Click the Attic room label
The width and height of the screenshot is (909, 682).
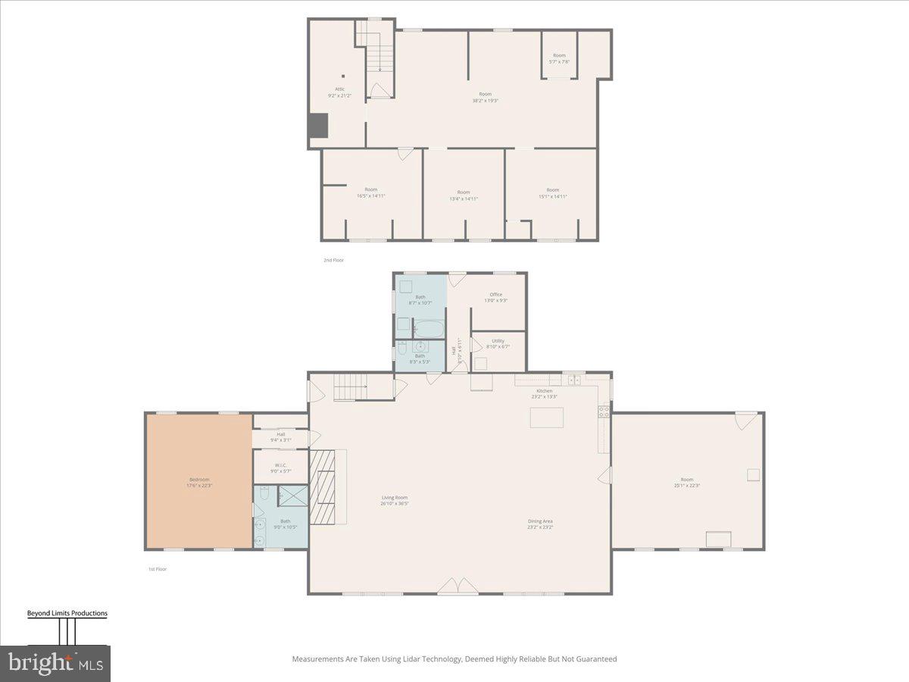[x=340, y=92]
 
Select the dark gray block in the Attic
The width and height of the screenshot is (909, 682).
[x=317, y=125]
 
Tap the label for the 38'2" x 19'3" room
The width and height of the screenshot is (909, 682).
[x=485, y=97]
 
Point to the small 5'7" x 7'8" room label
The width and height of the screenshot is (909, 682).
[x=558, y=58]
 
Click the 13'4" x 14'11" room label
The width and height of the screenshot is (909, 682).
[x=463, y=195]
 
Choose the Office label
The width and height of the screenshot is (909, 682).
[x=495, y=297]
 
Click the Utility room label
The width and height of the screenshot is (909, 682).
[x=498, y=343]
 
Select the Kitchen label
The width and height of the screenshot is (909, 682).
[x=544, y=393]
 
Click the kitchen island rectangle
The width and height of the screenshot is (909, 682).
[x=546, y=418]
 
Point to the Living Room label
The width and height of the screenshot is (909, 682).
[x=395, y=500]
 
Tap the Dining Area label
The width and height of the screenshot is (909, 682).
[x=540, y=524]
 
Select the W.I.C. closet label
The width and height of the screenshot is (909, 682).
[x=280, y=468]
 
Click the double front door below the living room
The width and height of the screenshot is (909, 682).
[x=458, y=586]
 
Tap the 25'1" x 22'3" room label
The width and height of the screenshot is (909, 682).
[x=686, y=482]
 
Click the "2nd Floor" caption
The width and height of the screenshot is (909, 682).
[x=333, y=260]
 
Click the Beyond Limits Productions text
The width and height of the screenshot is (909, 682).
[x=67, y=613]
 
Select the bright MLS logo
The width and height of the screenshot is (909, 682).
[x=55, y=663]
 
